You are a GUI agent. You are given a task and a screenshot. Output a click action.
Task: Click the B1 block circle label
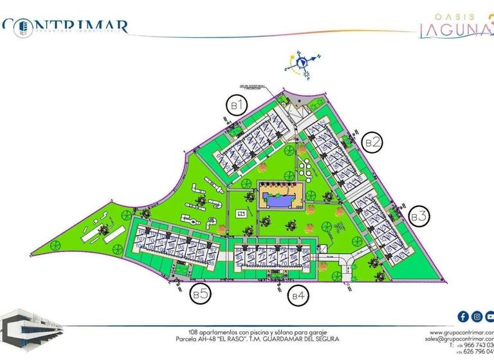(236, 104)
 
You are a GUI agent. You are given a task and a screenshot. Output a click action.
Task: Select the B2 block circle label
(372, 141)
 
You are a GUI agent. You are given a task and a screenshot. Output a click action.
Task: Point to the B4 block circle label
(298, 296)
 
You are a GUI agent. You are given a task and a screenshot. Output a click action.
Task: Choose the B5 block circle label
(199, 294)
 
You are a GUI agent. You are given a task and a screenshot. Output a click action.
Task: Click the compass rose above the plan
(299, 64)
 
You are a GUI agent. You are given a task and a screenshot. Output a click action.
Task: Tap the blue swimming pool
(282, 201)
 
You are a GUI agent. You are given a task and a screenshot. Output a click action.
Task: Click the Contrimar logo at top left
(64, 26)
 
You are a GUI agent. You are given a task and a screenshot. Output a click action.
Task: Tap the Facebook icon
(462, 316)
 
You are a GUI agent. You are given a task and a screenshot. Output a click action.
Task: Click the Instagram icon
(477, 316)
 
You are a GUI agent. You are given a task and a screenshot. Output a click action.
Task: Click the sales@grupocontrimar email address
(459, 337)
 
